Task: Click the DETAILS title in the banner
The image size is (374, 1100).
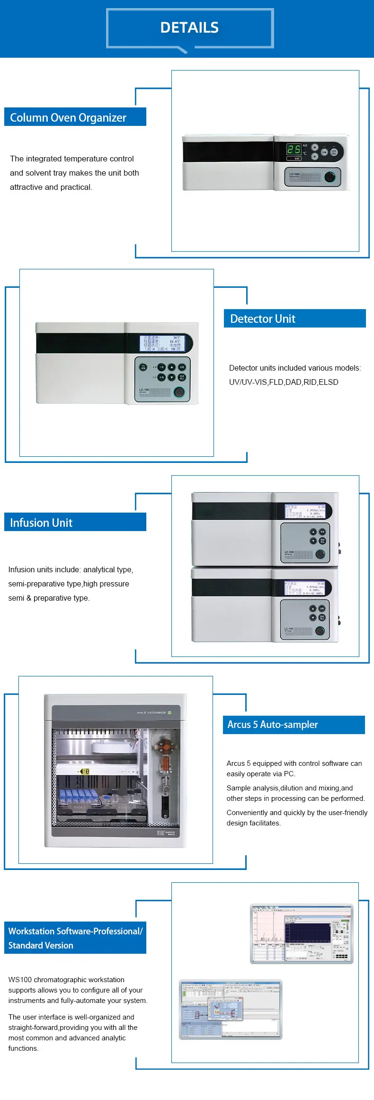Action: (x=189, y=28)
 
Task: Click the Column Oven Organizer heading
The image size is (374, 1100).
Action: (x=68, y=117)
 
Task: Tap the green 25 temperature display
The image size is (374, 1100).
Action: (x=294, y=150)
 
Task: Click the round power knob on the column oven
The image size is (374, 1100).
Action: (x=329, y=177)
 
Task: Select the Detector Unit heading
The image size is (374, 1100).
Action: (x=263, y=319)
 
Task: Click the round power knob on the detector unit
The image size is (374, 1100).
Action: (x=179, y=391)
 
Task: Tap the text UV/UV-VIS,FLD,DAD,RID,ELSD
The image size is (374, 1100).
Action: (x=284, y=382)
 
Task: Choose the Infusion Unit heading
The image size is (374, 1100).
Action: (x=41, y=523)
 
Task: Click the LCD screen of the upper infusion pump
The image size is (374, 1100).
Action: (x=305, y=511)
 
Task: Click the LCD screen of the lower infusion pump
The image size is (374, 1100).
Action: (x=305, y=588)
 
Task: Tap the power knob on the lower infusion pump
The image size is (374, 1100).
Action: (x=320, y=630)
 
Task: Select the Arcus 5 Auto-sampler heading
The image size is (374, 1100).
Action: (x=273, y=724)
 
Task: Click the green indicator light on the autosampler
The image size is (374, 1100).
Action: (x=169, y=712)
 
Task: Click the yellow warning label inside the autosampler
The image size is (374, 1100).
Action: (x=85, y=772)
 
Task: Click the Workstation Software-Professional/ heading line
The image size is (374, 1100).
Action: (x=75, y=931)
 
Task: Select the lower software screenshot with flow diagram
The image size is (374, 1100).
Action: (x=230, y=1009)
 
